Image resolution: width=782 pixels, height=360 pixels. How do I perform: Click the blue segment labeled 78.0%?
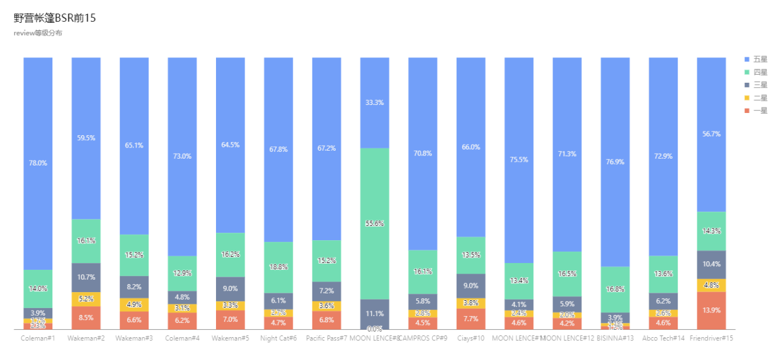pyautogui.click(x=38, y=163)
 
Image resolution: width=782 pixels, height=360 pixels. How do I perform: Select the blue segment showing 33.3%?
pyautogui.click(x=375, y=103)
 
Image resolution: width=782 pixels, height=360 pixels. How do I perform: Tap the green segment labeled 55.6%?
pyautogui.click(x=375, y=224)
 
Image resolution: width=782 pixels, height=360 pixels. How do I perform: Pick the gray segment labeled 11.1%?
pyautogui.click(x=375, y=313)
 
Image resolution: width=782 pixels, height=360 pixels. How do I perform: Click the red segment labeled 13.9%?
pyautogui.click(x=711, y=310)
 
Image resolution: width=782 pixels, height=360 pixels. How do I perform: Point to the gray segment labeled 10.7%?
pyautogui.click(x=86, y=277)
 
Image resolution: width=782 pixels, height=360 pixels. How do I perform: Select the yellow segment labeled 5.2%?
pyautogui.click(x=86, y=299)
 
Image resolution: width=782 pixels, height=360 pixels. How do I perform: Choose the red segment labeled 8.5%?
pyautogui.click(x=86, y=318)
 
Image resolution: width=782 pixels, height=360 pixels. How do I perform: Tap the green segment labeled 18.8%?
pyautogui.click(x=278, y=267)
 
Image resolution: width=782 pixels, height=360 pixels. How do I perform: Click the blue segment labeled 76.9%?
pyautogui.click(x=615, y=162)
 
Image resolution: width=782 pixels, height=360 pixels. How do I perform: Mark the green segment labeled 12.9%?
pyautogui.click(x=182, y=273)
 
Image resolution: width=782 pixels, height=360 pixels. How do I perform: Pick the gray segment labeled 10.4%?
pyautogui.click(x=711, y=264)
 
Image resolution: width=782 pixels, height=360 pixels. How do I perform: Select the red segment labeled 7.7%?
pyautogui.click(x=471, y=319)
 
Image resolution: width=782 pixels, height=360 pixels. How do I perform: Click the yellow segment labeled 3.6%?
pyautogui.click(x=327, y=306)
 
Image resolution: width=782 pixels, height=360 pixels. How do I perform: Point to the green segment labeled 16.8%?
pyautogui.click(x=615, y=289)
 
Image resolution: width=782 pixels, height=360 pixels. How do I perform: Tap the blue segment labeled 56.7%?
pyautogui.click(x=711, y=134)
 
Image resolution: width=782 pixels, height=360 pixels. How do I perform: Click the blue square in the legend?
pyautogui.click(x=747, y=59)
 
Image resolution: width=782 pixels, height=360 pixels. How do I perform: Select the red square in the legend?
pyautogui.click(x=747, y=111)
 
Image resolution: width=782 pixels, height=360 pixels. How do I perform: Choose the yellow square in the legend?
pyautogui.click(x=747, y=98)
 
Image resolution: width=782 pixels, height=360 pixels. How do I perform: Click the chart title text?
pyautogui.click(x=38, y=33)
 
